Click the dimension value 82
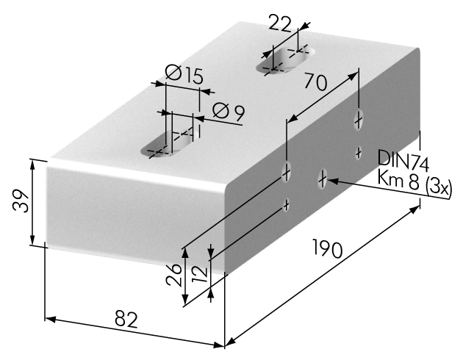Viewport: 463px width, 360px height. [126, 319]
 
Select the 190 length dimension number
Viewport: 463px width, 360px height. [328, 248]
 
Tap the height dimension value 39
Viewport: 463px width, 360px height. [21, 201]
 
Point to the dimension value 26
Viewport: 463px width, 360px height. [173, 275]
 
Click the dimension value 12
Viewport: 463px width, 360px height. [200, 274]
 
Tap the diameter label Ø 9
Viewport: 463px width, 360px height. [229, 112]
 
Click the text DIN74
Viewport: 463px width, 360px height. [403, 161]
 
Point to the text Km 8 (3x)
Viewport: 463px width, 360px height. [414, 184]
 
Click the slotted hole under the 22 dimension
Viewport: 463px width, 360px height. [286, 60]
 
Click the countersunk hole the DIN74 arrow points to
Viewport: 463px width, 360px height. [323, 179]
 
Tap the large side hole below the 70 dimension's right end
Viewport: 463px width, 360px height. [359, 120]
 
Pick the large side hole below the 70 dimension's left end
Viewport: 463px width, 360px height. [287, 172]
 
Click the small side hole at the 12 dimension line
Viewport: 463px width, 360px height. [286, 205]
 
